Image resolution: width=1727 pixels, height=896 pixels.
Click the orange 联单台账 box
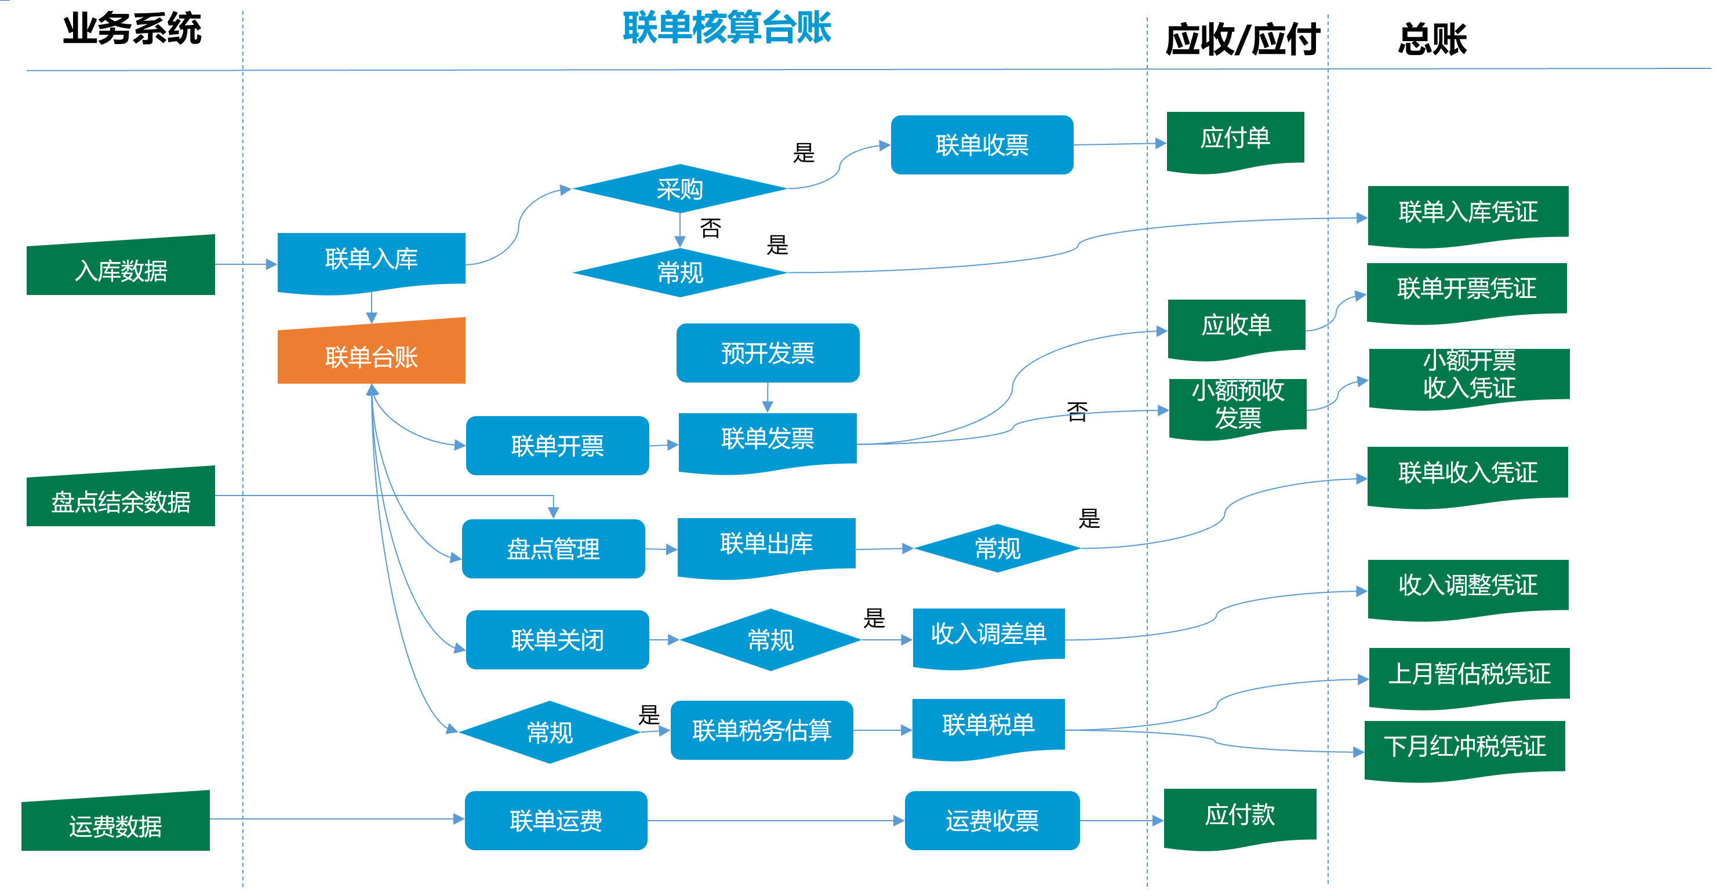(x=372, y=353)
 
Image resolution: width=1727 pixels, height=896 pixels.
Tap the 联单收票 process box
(x=981, y=145)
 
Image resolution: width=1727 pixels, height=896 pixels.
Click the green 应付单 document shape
(x=1235, y=140)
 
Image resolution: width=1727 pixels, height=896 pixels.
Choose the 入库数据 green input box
(x=121, y=268)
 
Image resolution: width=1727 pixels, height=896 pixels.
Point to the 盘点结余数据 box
(x=121, y=499)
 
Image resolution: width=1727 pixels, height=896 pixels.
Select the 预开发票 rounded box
(x=768, y=353)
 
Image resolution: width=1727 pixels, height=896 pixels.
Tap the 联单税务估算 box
(x=762, y=730)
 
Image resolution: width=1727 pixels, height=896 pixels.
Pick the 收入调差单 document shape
(x=988, y=635)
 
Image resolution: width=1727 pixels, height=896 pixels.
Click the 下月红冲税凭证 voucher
(x=1465, y=747)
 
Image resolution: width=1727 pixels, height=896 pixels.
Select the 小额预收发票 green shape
(x=1238, y=405)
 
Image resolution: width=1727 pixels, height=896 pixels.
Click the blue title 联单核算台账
(x=727, y=28)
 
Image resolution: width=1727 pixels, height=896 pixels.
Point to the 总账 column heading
(x=1432, y=39)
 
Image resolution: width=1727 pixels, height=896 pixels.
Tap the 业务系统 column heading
(x=132, y=30)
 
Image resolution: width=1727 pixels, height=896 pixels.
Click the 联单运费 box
(x=556, y=820)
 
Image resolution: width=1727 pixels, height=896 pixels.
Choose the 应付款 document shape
(x=1239, y=816)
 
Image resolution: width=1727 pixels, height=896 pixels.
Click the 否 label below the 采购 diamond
(x=711, y=228)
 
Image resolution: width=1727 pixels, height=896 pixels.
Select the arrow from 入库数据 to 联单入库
(x=245, y=264)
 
